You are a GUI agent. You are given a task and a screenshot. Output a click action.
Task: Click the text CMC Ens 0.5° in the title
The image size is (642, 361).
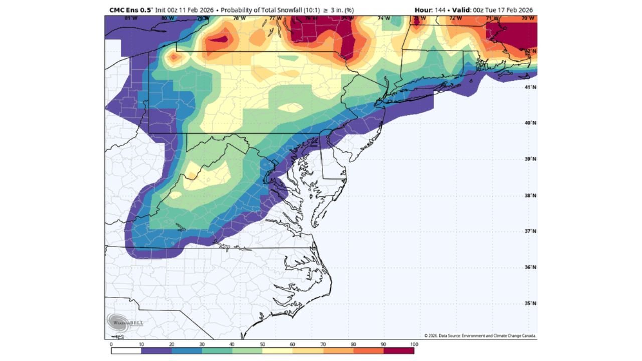tap(131, 10)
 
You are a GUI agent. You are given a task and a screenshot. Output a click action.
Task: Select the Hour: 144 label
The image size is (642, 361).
tap(430, 10)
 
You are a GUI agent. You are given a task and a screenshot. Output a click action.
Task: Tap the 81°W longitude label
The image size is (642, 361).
tap(131, 18)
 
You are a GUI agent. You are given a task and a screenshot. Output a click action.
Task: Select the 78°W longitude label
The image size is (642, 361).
tap(240, 18)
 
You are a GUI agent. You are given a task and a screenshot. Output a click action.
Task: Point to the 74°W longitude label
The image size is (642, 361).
tap(384, 18)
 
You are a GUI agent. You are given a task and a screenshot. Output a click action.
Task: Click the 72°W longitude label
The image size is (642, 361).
tap(455, 18)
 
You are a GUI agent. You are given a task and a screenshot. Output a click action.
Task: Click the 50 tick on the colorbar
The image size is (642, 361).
tap(262, 344)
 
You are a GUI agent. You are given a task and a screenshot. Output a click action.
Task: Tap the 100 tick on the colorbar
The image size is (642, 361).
tap(414, 344)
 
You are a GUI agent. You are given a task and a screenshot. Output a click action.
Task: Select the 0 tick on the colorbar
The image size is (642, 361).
tap(111, 344)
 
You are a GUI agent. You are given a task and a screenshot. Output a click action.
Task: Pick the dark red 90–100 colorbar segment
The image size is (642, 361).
tap(399, 351)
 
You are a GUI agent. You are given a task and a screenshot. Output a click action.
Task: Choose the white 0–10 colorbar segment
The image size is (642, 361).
tap(126, 351)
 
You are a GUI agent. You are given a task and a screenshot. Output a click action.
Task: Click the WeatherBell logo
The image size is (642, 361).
tap(125, 322)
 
